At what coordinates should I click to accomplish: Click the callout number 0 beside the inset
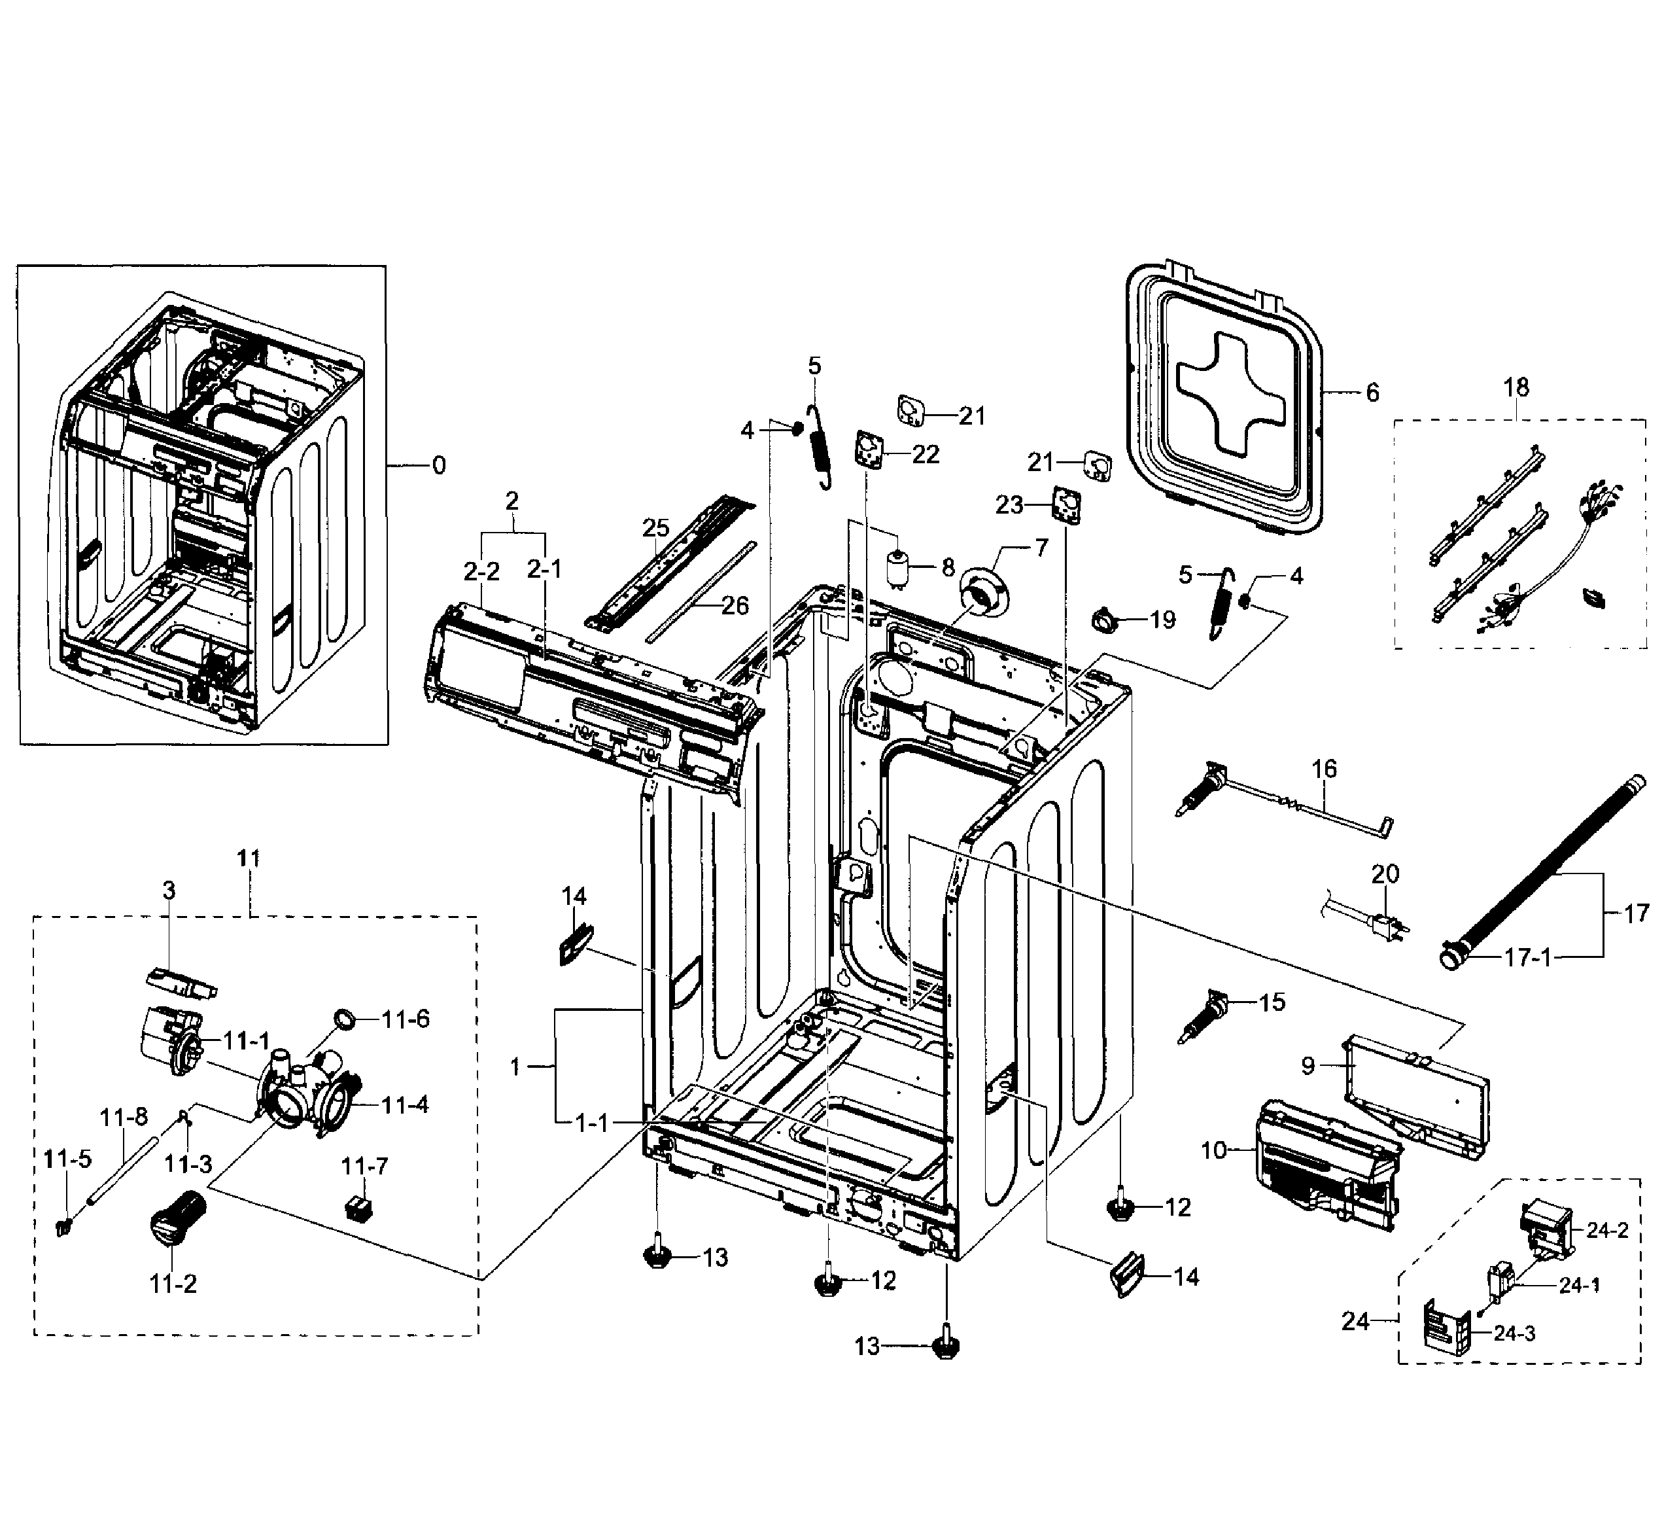pyautogui.click(x=438, y=466)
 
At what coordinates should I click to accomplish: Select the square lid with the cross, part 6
pyautogui.click(x=1222, y=397)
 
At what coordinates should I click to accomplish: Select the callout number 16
pyautogui.click(x=1323, y=769)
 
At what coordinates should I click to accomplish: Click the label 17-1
pyautogui.click(x=1528, y=958)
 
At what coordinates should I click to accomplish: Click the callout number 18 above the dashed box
pyautogui.click(x=1516, y=387)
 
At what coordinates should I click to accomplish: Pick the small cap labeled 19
pyautogui.click(x=1103, y=619)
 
